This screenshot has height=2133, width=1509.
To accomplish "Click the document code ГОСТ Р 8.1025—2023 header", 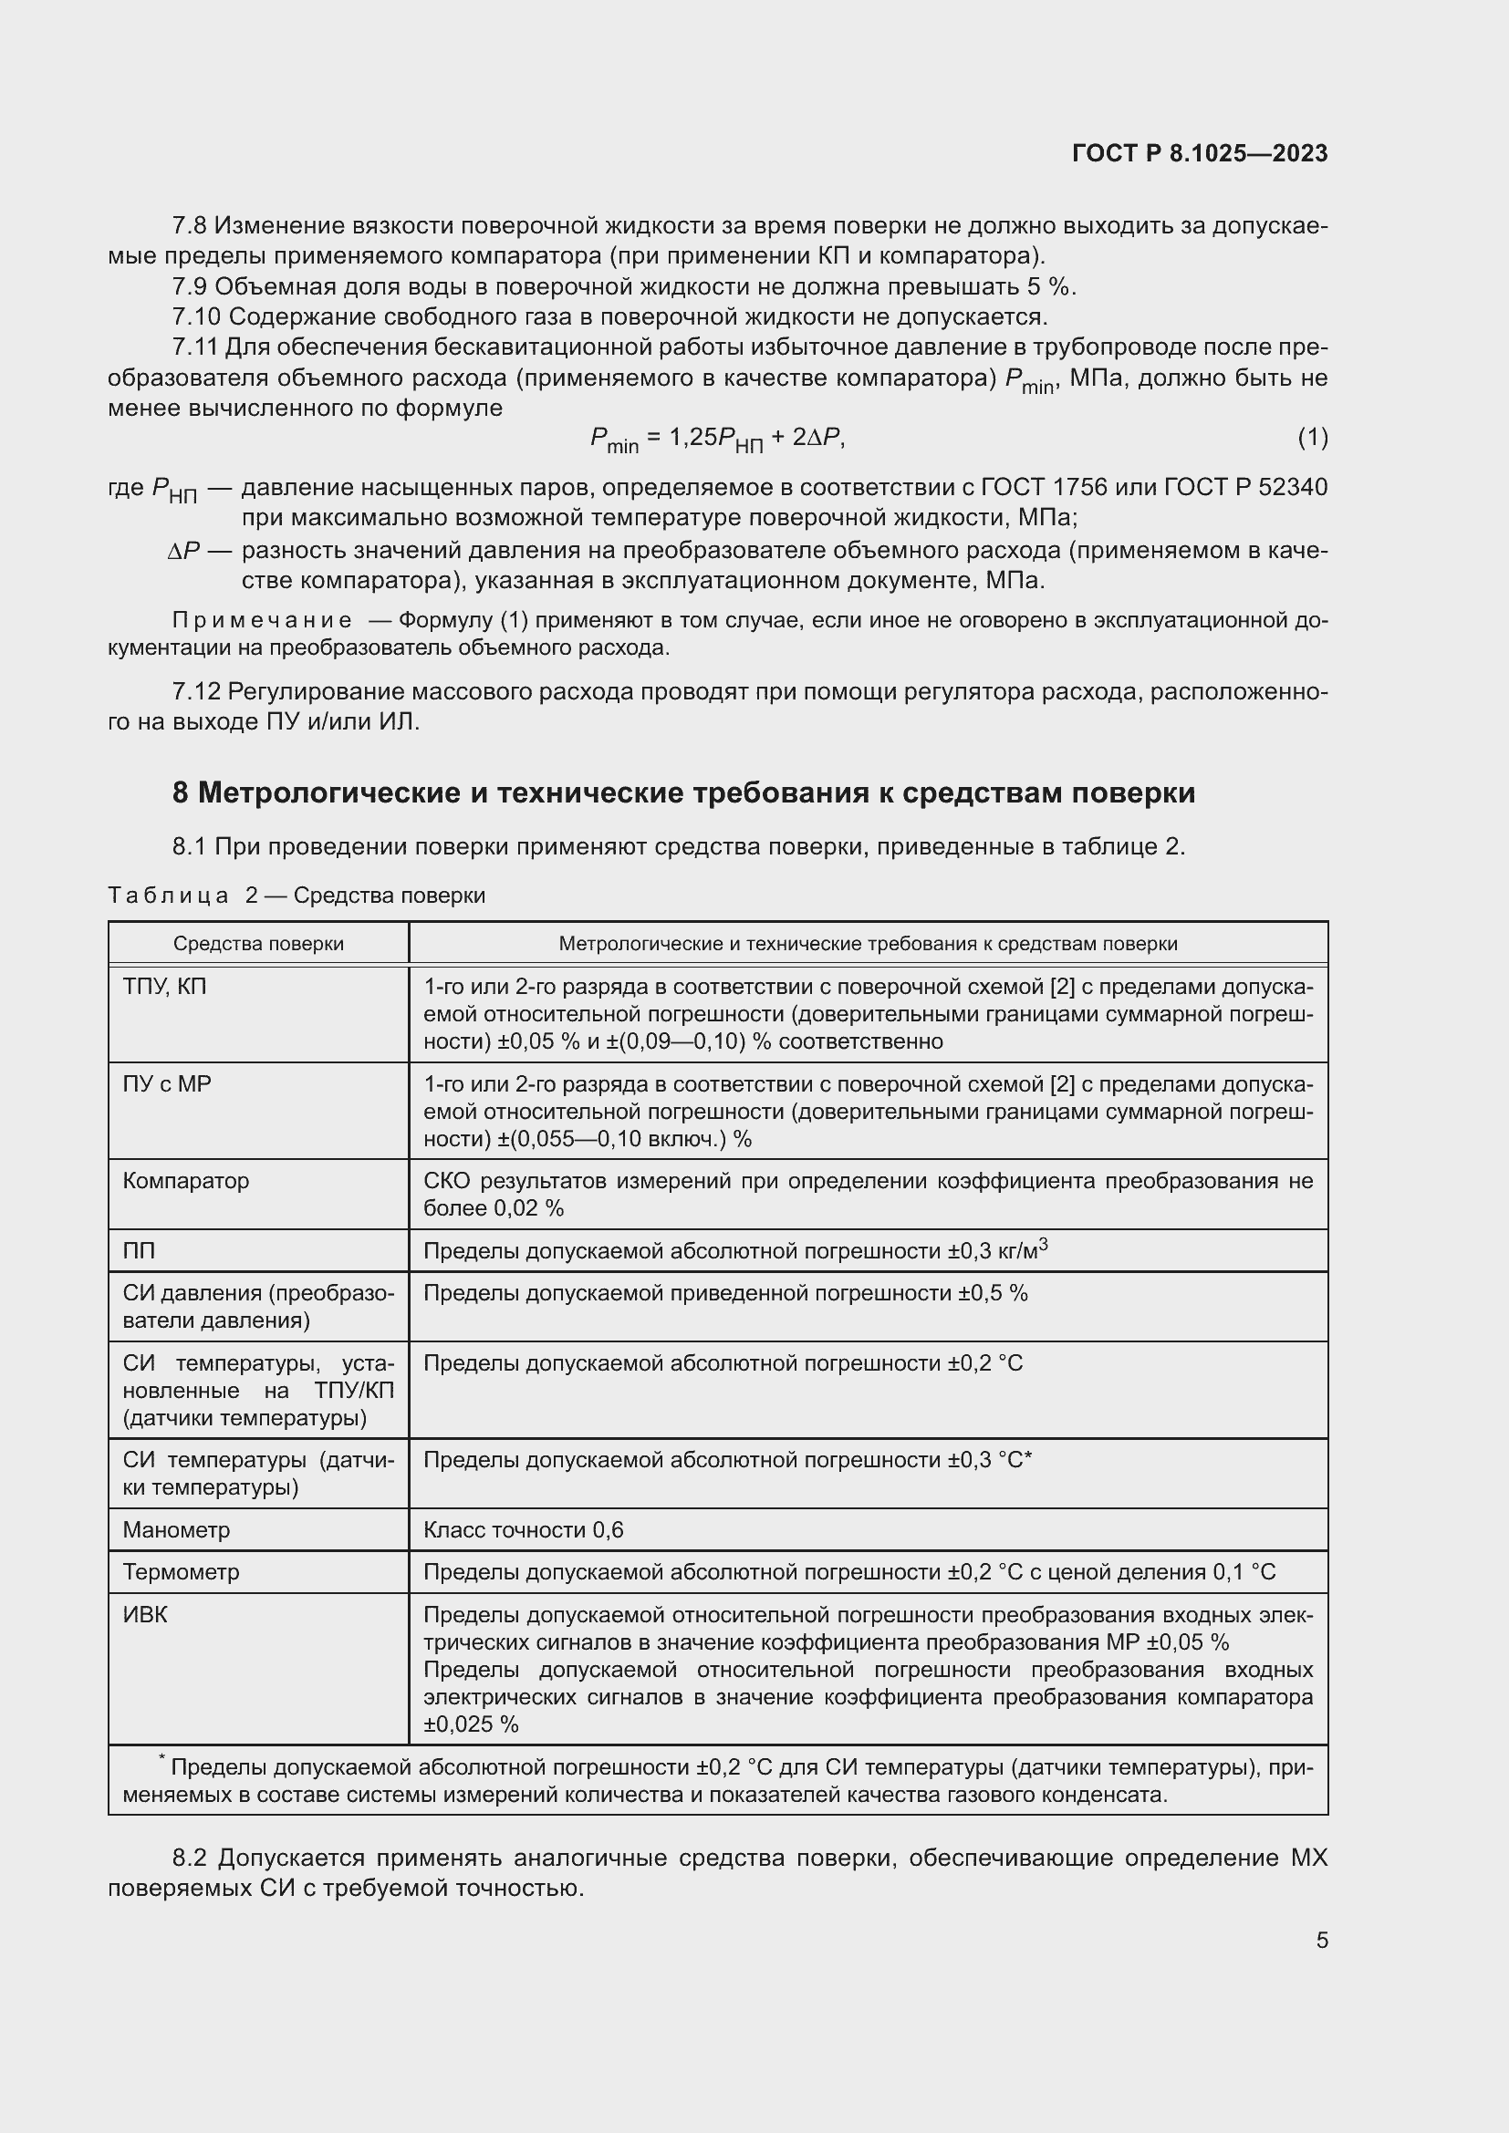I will [1200, 153].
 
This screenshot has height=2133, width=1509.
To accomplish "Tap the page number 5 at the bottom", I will [1321, 1940].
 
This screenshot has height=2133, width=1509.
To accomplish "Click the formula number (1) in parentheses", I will [1312, 437].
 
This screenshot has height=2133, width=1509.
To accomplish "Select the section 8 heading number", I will [181, 792].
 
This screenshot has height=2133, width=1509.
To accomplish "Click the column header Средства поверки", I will [258, 944].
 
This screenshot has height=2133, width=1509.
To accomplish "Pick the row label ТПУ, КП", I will [164, 987].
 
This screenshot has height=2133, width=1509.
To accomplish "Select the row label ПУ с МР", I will [167, 1084].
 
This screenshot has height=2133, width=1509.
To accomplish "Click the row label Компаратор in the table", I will [186, 1181].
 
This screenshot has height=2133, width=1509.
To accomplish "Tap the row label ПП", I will [139, 1250].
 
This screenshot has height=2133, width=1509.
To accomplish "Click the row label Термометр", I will [182, 1572].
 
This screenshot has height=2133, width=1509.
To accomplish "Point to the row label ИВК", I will [145, 1615].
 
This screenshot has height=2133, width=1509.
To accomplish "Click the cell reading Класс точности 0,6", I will [523, 1529].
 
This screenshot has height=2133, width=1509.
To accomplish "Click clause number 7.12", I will [196, 691].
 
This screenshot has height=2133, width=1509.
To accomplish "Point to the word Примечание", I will [262, 619].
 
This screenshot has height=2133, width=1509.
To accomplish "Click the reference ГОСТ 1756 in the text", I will [1045, 487].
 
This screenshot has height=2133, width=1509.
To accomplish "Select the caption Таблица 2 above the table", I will [182, 896].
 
